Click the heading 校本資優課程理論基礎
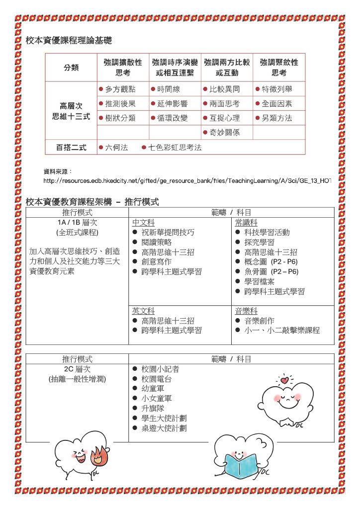click(x=69, y=40)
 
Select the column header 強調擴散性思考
click(x=123, y=68)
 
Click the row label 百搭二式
click(x=71, y=148)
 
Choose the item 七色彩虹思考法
click(x=175, y=148)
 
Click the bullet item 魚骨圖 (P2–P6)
click(x=271, y=271)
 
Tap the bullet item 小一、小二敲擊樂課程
click(x=281, y=331)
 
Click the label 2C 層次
click(x=77, y=369)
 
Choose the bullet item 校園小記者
click(x=160, y=369)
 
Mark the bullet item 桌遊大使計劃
click(x=164, y=428)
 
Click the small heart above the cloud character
click(x=284, y=380)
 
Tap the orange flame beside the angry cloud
click(x=99, y=455)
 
